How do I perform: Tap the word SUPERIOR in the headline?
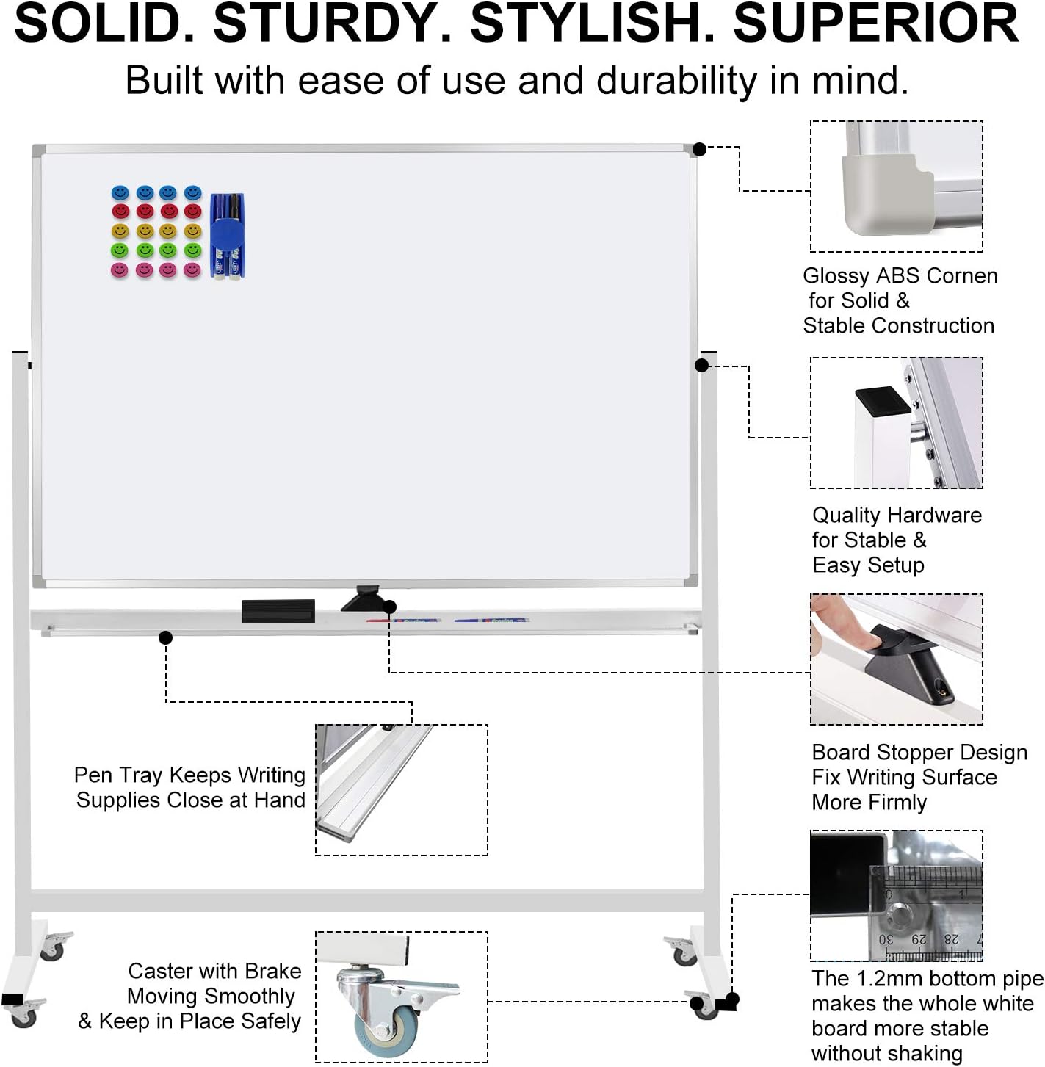point(875,23)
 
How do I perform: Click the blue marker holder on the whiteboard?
point(227,236)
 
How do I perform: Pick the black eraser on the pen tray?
point(278,611)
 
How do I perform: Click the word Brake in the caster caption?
point(272,972)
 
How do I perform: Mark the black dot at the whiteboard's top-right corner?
point(699,149)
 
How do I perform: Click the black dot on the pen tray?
point(166,637)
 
